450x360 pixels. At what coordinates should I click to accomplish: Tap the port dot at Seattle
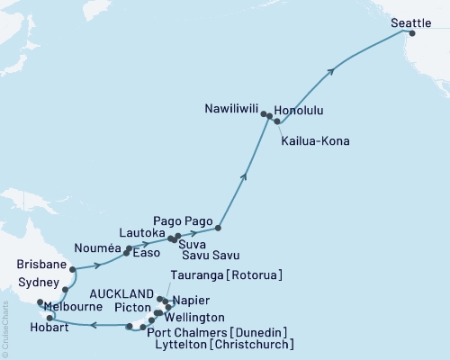click(412, 33)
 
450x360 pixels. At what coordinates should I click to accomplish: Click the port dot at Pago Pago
click(219, 228)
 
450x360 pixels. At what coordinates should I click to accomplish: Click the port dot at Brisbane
click(72, 267)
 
